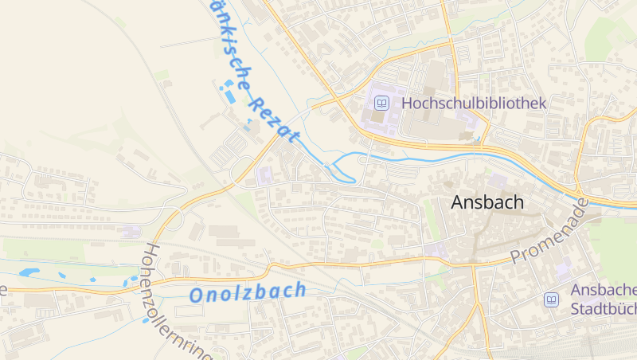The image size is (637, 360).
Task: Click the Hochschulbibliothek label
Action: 474,103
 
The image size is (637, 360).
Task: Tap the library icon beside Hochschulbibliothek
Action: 382,103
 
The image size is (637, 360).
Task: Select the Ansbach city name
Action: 487,202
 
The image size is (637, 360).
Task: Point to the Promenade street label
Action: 550,233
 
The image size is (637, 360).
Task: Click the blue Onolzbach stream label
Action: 248,292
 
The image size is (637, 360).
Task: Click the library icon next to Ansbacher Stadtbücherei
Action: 551,299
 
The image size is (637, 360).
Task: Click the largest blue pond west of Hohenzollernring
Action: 29,272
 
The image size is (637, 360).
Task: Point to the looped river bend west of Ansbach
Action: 343,169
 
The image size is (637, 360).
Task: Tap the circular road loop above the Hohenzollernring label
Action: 174,219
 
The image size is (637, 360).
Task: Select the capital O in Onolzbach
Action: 197,295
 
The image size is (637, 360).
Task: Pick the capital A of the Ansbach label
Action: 457,202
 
